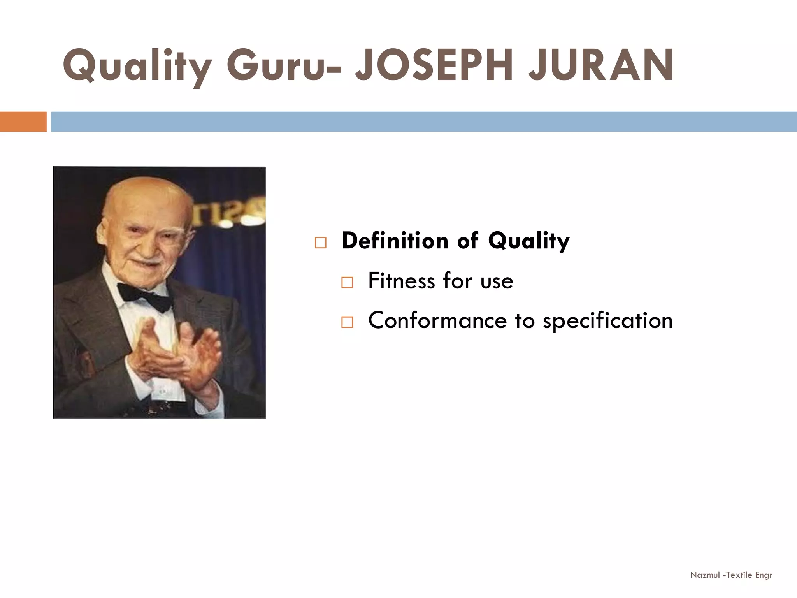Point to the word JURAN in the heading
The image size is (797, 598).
[601, 65]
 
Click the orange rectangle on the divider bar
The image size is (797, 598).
[23, 121]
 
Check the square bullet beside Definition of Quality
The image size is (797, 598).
[321, 243]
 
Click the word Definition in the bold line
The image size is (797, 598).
[395, 241]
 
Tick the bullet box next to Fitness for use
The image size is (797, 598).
[347, 282]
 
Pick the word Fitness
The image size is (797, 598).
[401, 281]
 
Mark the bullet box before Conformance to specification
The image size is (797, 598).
[347, 322]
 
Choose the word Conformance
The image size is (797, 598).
[437, 321]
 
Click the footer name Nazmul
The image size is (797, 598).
[705, 575]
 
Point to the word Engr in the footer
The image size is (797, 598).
[764, 575]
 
